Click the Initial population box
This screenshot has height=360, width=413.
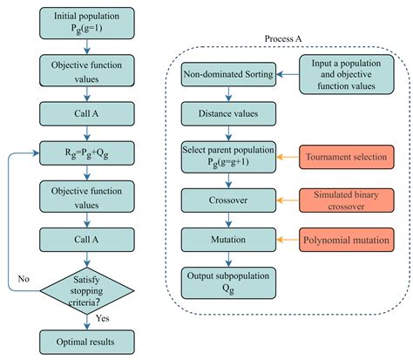point(85,23)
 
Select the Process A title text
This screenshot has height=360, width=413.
point(285,40)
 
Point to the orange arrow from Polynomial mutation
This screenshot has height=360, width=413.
point(288,238)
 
